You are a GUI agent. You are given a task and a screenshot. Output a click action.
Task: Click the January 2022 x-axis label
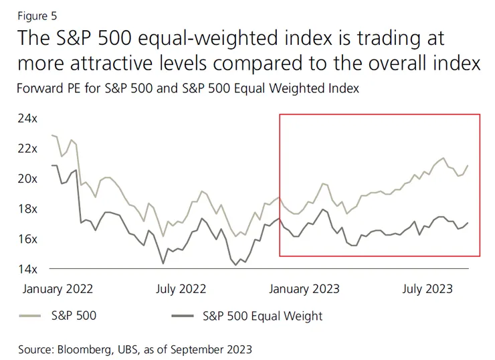pyautogui.click(x=58, y=289)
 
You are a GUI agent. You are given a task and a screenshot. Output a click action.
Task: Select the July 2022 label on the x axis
pyautogui.click(x=181, y=289)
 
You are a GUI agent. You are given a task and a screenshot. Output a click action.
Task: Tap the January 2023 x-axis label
pyautogui.click(x=304, y=289)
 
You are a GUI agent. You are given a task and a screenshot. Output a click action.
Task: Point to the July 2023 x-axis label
pyautogui.click(x=427, y=289)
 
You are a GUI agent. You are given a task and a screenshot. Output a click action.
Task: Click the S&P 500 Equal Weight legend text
pyautogui.click(x=262, y=316)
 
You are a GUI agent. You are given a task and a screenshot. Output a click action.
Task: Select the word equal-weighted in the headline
pyautogui.click(x=205, y=38)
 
